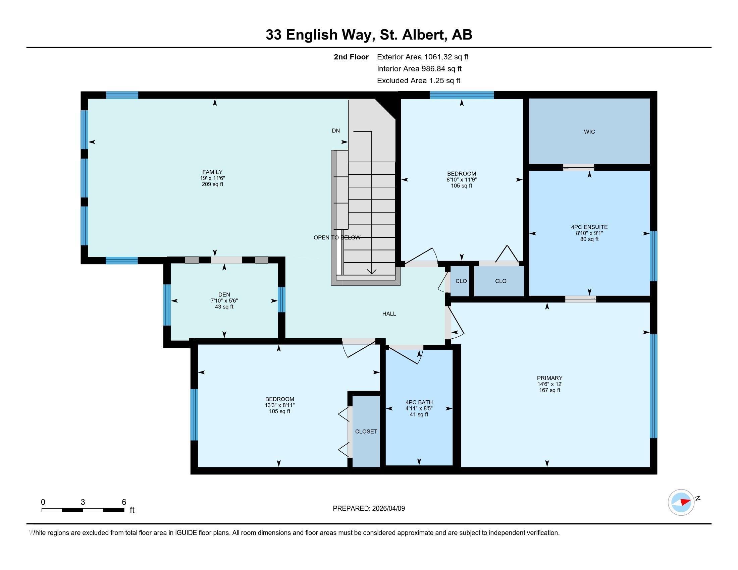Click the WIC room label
click(589, 132)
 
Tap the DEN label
click(224, 294)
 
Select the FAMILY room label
click(212, 172)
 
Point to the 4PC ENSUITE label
click(589, 227)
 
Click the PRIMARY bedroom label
click(549, 378)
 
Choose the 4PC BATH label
click(419, 402)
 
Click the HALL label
click(389, 314)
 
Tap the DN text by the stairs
click(335, 131)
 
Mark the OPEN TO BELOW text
click(337, 237)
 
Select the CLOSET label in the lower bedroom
click(366, 431)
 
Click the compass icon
click(681, 502)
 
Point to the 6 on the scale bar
click(124, 502)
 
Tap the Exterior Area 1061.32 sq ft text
click(422, 57)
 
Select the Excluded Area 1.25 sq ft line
click(418, 80)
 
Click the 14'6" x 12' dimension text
click(549, 384)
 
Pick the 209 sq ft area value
click(212, 184)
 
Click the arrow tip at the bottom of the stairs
click(372, 273)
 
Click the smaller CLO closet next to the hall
click(461, 281)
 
